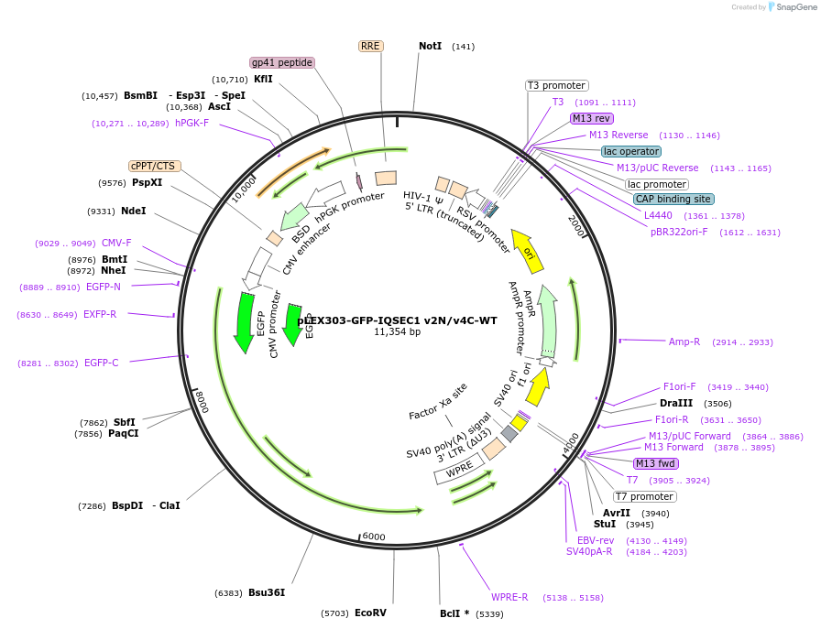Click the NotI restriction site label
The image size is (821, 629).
(x=430, y=46)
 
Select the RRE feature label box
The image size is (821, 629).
(x=370, y=46)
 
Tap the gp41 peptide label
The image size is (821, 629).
(x=283, y=62)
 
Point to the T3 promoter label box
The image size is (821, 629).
(x=556, y=85)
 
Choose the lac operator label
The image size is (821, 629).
(x=631, y=151)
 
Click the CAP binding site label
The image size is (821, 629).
(x=673, y=199)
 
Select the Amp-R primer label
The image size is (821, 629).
(x=684, y=342)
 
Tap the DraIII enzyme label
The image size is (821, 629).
(x=676, y=403)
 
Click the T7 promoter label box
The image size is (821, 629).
(x=644, y=496)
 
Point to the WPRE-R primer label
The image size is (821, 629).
(x=509, y=597)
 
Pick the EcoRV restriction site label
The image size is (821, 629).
(x=370, y=613)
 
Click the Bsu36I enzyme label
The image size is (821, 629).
(x=267, y=592)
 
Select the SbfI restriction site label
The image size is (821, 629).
(x=125, y=422)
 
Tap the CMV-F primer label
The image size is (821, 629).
(x=116, y=243)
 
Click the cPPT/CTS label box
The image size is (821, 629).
(x=154, y=166)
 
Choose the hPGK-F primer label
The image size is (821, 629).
(x=192, y=123)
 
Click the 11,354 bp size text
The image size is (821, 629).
(x=397, y=331)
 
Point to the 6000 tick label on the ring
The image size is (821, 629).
(x=374, y=537)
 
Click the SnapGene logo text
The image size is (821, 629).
(x=794, y=7)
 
